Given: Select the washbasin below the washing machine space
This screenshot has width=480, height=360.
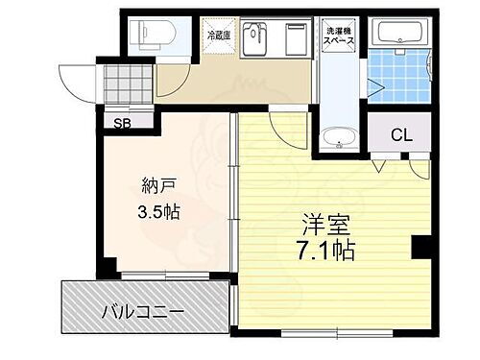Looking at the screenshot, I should tap(338, 140).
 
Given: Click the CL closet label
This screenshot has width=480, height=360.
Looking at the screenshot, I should tap(401, 135).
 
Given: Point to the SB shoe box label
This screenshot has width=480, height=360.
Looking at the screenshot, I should tap(123, 123).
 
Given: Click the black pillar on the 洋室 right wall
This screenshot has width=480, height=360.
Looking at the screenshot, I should tap(420, 248).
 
